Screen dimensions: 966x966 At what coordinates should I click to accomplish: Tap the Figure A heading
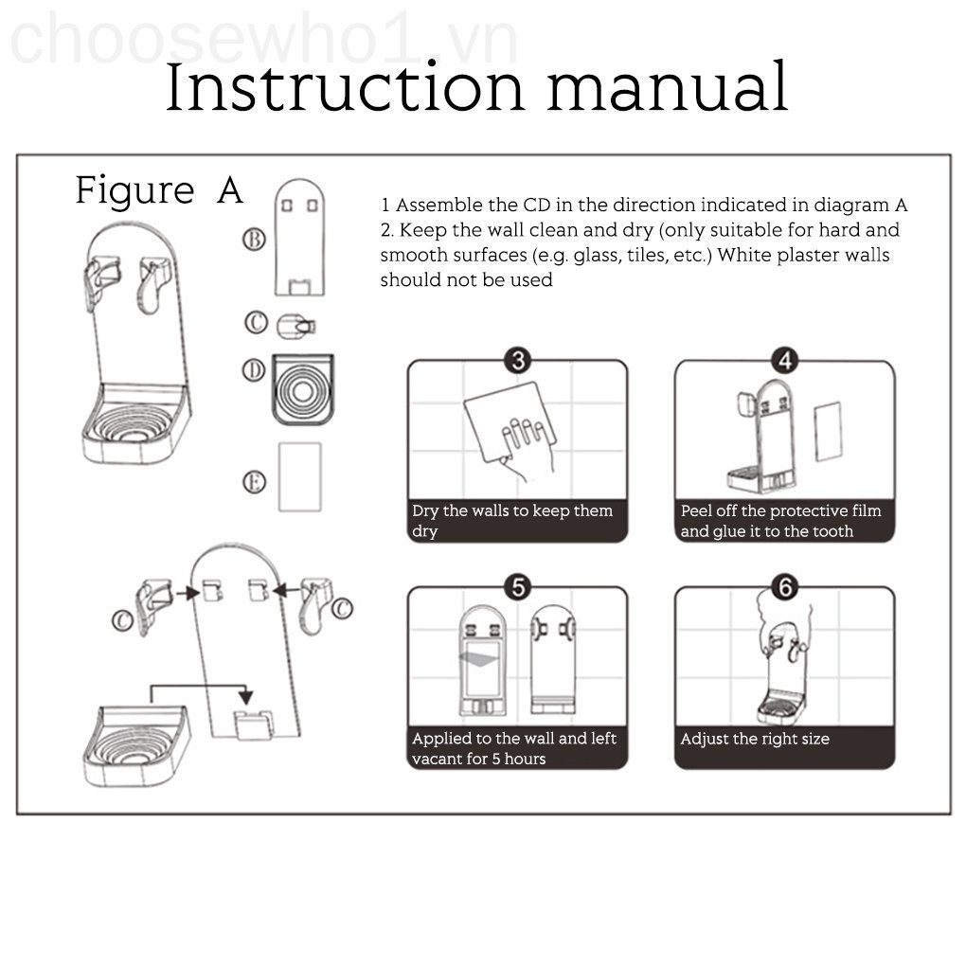(x=159, y=189)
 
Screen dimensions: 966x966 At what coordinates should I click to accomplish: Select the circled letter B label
(x=254, y=239)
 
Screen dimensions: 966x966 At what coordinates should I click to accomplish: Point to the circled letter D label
(x=254, y=370)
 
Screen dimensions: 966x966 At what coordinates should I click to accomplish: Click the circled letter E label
(x=254, y=482)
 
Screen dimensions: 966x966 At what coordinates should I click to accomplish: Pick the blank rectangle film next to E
(x=300, y=476)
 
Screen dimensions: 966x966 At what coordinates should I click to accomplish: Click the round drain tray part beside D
(x=303, y=389)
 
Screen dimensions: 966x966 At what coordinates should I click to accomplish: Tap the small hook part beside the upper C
(x=295, y=326)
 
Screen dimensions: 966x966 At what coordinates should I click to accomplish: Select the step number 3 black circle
(x=518, y=361)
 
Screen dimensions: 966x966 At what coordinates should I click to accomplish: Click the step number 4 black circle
(x=785, y=361)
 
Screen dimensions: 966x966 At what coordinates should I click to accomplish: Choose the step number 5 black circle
(x=518, y=587)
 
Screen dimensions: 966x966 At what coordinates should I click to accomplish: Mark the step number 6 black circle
(x=785, y=587)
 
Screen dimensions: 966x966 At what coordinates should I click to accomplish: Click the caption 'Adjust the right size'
(x=755, y=739)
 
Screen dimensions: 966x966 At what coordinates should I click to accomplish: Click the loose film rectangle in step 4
(x=828, y=431)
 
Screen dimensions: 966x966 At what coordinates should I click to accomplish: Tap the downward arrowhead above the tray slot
(x=246, y=697)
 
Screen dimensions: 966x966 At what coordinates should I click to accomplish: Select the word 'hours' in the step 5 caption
(x=525, y=759)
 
